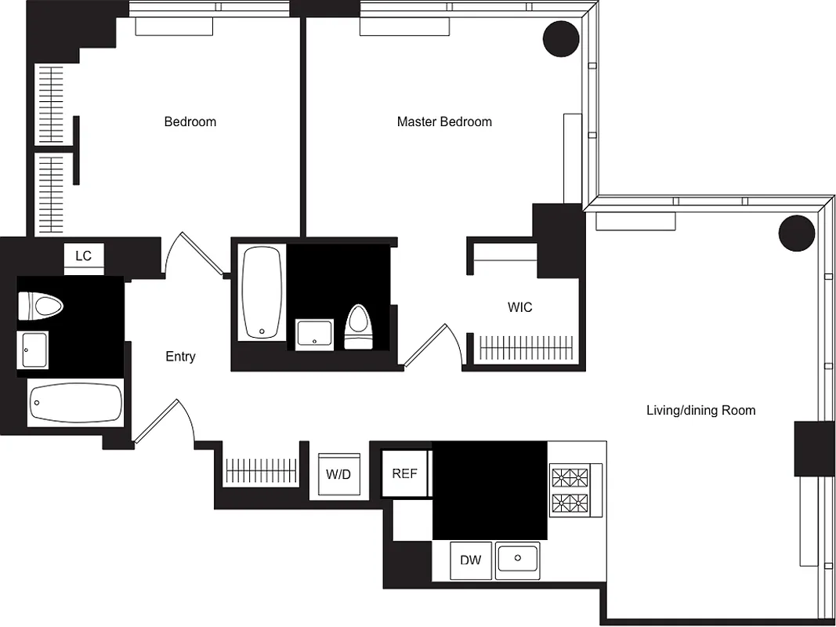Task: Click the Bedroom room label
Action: pos(190,121)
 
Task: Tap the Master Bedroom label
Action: pos(444,121)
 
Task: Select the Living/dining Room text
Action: pos(700,410)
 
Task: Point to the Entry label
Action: pos(180,357)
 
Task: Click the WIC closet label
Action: pos(519,307)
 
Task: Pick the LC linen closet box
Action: pos(83,256)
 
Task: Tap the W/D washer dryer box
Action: pos(338,474)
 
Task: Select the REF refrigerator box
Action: pos(404,473)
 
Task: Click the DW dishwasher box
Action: pos(470,560)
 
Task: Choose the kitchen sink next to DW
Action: pos(518,560)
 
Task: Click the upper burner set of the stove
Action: pos(570,477)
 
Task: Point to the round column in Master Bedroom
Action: pos(561,38)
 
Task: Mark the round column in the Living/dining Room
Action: pos(797,232)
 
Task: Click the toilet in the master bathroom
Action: pos(360,328)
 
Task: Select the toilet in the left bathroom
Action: pos(40,306)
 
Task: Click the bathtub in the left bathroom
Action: pos(76,404)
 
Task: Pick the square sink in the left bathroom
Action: pos(33,349)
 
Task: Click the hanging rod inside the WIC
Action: pos(525,346)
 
